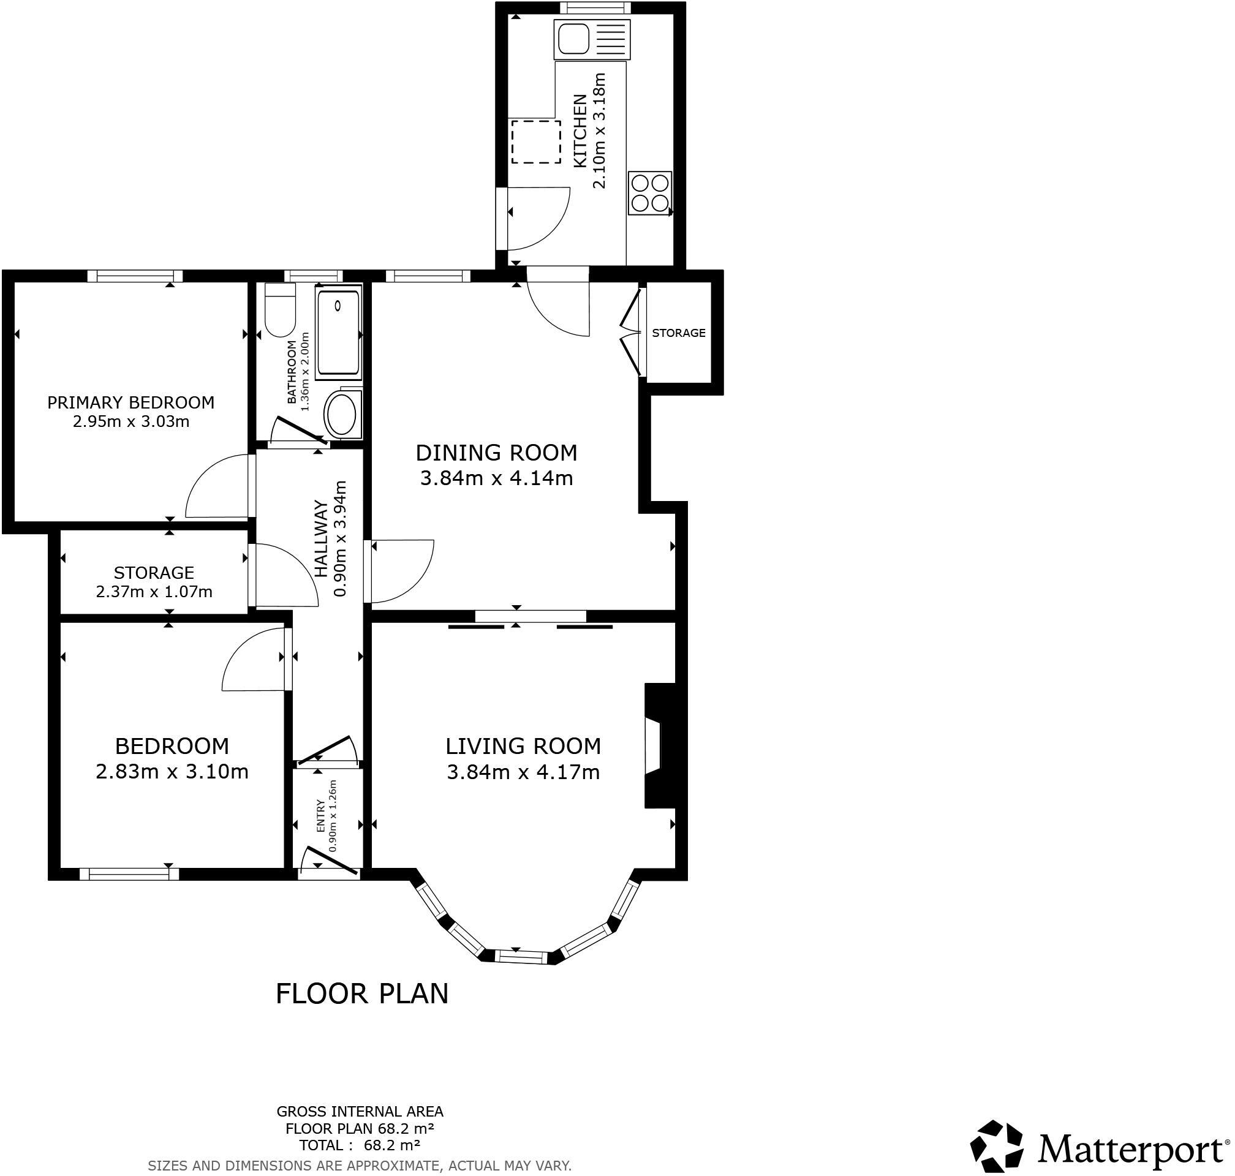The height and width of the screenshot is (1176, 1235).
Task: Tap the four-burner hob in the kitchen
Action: click(x=649, y=193)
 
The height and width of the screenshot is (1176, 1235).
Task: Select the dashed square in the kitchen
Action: click(x=536, y=142)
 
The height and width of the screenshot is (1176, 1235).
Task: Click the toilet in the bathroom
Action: click(x=279, y=311)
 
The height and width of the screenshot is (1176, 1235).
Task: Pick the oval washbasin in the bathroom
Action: click(x=342, y=415)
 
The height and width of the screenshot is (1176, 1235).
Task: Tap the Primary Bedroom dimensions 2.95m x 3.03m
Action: click(x=131, y=421)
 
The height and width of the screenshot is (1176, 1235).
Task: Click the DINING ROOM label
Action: click(x=496, y=452)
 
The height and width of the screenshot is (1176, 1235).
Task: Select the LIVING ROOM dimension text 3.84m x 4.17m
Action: click(x=523, y=772)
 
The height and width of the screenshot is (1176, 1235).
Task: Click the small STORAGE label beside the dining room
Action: click(x=678, y=333)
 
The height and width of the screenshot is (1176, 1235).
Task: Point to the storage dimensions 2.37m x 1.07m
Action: click(x=154, y=591)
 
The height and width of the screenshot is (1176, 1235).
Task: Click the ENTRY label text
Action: click(x=320, y=816)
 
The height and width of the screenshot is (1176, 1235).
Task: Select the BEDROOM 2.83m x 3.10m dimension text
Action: click(x=172, y=771)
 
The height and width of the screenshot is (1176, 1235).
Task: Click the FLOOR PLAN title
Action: click(x=361, y=993)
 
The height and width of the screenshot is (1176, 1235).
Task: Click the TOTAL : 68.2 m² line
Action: click(x=359, y=1145)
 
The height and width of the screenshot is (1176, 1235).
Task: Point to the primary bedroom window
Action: click(x=134, y=276)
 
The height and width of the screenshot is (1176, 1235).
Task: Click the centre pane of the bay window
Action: click(x=521, y=957)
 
